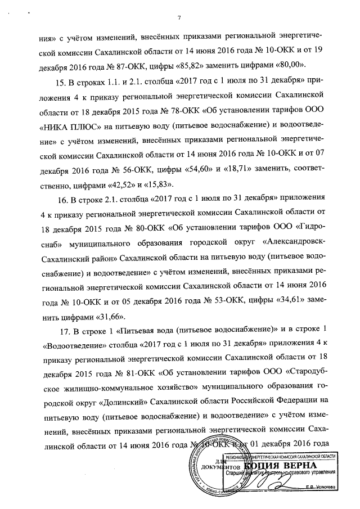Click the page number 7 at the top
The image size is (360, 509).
click(179, 17)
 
